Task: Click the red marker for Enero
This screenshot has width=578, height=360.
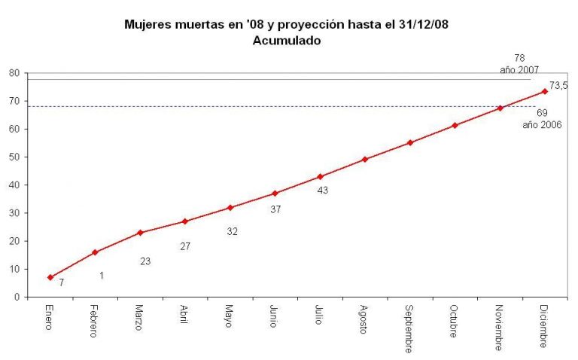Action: coord(50,277)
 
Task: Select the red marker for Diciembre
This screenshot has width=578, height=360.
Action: coord(544,91)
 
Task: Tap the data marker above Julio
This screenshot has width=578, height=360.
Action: coord(320,176)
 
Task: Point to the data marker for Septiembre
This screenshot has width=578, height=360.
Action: coord(410,142)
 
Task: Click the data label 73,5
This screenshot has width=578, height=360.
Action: coord(558,86)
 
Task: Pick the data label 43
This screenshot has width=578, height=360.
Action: coord(322,191)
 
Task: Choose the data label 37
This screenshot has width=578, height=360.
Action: coord(275,209)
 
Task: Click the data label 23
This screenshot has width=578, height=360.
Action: coord(146,261)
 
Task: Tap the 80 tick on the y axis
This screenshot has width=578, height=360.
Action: coord(14,73)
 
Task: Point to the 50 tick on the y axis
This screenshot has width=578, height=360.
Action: coord(14,157)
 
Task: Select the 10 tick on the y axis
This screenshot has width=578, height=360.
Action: coord(14,269)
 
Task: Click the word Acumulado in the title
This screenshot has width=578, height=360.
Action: coord(287,41)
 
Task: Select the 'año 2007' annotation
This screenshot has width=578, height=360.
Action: coord(519,69)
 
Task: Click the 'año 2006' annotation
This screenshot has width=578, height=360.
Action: coord(542,125)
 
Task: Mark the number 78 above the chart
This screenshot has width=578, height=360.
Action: coord(519,57)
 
